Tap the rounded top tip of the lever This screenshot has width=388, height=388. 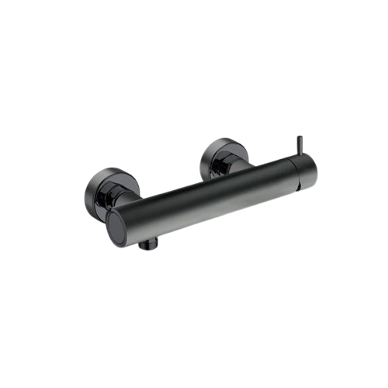[299, 137]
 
